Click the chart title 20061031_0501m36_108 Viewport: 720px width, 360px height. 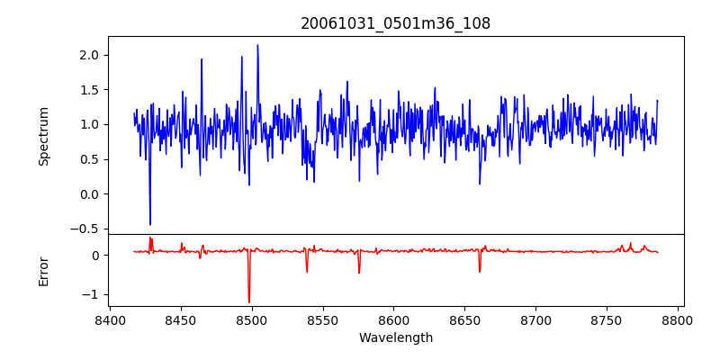(x=395, y=23)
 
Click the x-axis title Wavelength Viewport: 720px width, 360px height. (x=395, y=337)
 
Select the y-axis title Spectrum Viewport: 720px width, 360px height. (x=43, y=136)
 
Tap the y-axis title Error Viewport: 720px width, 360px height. (x=43, y=271)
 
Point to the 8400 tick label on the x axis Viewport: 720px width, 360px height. (x=110, y=319)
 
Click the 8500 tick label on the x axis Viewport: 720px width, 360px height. (x=252, y=319)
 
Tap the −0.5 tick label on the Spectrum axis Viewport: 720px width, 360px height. (x=86, y=229)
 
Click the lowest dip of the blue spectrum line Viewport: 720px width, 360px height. (x=150, y=224)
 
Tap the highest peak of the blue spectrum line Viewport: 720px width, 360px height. (x=257, y=45)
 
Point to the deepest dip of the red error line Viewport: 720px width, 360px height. (x=249, y=302)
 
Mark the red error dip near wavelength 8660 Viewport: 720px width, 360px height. (x=480, y=271)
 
